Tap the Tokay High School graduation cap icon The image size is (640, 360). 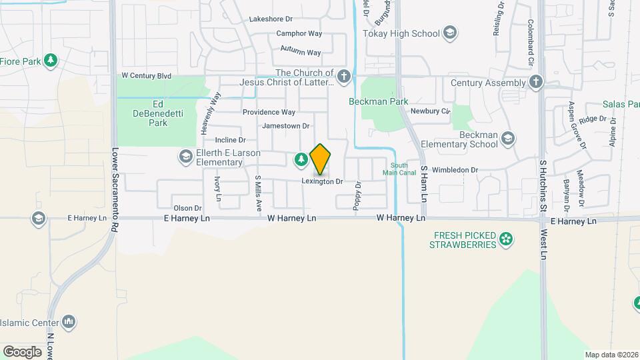tap(450, 33)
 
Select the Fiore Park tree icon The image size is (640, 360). tap(50, 61)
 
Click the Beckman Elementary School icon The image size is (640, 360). tap(508, 138)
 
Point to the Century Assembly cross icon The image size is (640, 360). tap(535, 82)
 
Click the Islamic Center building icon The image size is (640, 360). tap(69, 323)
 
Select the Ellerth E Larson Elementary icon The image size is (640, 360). tap(185, 157)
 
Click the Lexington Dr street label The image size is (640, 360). tap(322, 181)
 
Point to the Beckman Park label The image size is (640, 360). tap(379, 102)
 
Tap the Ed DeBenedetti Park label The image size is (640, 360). tap(158, 113)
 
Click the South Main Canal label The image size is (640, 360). tap(399, 169)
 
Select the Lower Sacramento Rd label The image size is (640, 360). tap(115, 189)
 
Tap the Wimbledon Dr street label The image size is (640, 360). tap(455, 170)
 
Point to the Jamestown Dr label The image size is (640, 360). tap(286, 125)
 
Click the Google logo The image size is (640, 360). tap(22, 351)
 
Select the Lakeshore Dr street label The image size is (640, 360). tap(271, 19)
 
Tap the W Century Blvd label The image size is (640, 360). tap(146, 76)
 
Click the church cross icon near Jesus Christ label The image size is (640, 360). tap(343, 76)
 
